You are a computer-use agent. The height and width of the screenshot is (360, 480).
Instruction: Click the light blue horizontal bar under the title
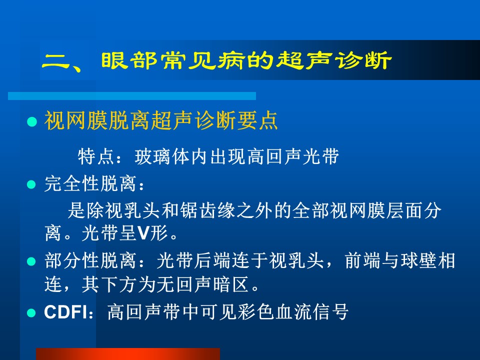tap(132, 96)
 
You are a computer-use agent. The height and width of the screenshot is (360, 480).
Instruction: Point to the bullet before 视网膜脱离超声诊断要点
tap(32, 121)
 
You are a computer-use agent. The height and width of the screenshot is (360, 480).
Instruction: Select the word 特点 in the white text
tap(96, 156)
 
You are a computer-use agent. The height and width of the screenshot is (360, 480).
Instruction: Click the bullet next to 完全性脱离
tap(31, 184)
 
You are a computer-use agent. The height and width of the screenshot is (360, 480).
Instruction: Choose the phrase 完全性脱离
tap(90, 184)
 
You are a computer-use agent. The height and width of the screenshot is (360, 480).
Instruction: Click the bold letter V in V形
tap(143, 233)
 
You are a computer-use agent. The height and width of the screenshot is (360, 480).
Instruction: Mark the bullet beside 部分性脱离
tap(31, 261)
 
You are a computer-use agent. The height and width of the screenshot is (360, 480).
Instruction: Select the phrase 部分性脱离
tap(90, 261)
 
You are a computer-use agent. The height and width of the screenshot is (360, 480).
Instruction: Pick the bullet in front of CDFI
tap(31, 313)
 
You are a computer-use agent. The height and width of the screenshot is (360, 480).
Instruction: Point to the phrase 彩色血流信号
tap(294, 312)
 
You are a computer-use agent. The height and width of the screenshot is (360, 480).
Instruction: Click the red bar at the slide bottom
tap(128, 354)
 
